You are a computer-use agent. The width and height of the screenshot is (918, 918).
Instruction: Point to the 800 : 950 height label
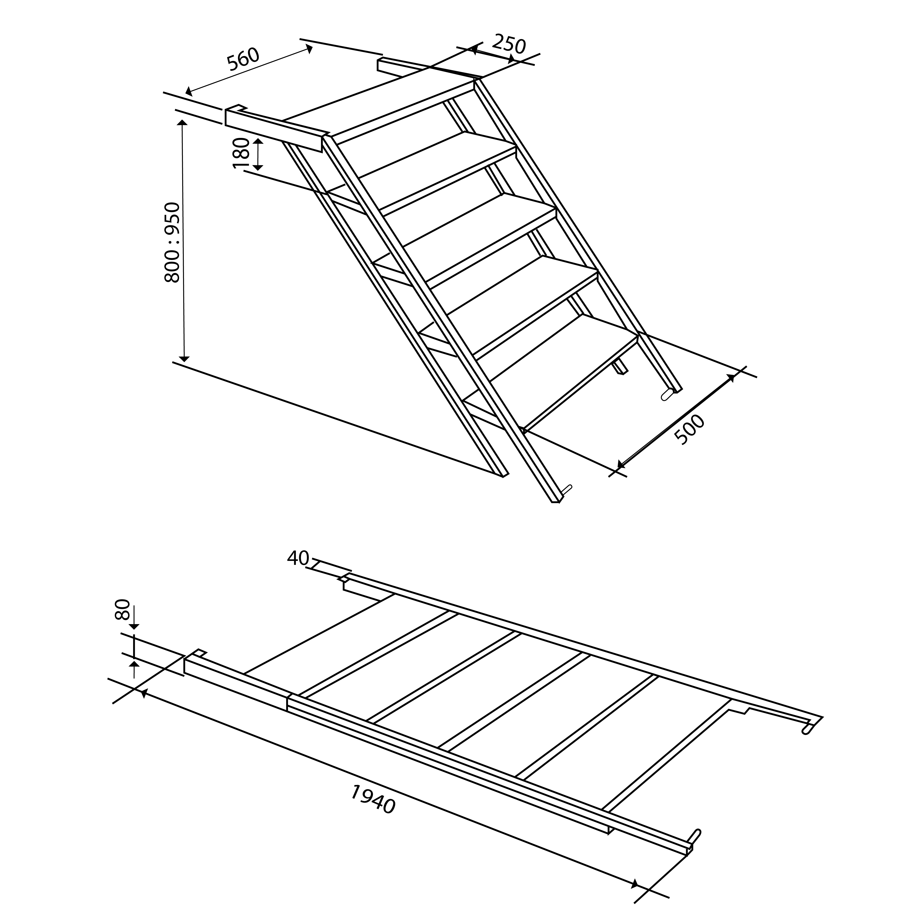tap(172, 242)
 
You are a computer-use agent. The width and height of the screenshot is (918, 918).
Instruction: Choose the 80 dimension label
tap(122, 610)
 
